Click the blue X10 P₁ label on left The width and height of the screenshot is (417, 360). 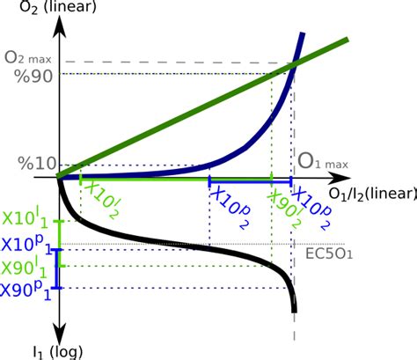click(x=25, y=244)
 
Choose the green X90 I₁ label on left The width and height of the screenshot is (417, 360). click(x=25, y=267)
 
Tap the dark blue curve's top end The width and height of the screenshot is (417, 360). click(x=303, y=35)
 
